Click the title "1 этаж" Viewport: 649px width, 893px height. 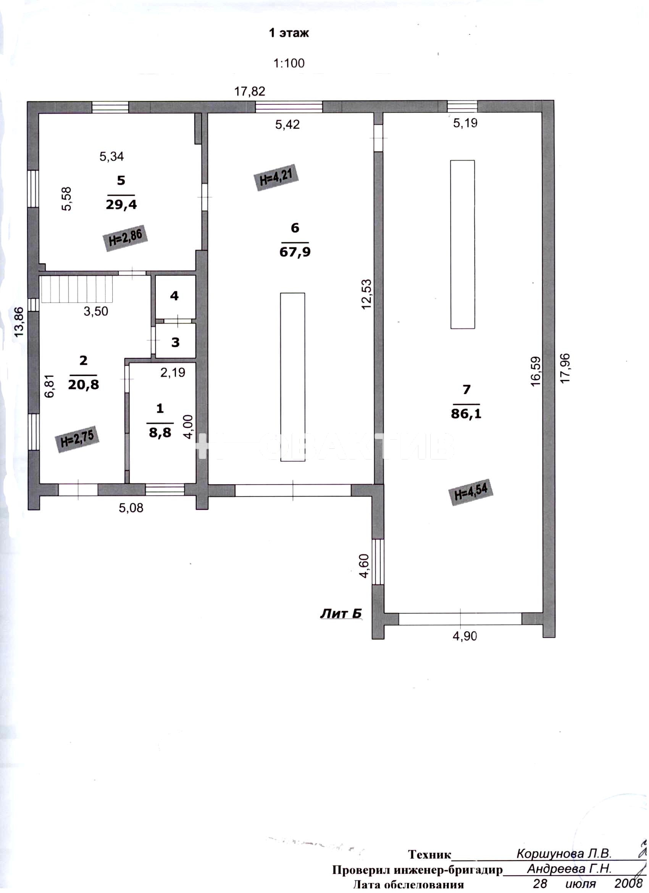coord(289,33)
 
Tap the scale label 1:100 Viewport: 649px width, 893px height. coord(289,63)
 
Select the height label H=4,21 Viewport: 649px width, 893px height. coord(276,177)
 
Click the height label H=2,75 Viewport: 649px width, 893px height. coord(77,438)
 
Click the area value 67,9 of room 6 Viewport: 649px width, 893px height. coord(295,251)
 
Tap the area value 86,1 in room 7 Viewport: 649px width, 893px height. coord(466,413)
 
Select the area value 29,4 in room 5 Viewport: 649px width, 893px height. coord(121,204)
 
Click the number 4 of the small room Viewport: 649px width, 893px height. coord(174,296)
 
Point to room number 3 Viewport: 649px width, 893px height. coord(175,342)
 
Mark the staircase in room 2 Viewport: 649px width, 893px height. coord(77,289)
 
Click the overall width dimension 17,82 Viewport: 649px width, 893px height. coord(250,91)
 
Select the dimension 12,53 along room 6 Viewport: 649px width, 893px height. coord(366,294)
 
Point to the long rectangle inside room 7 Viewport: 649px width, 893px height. coord(462,244)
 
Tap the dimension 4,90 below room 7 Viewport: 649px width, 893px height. coord(465,636)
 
